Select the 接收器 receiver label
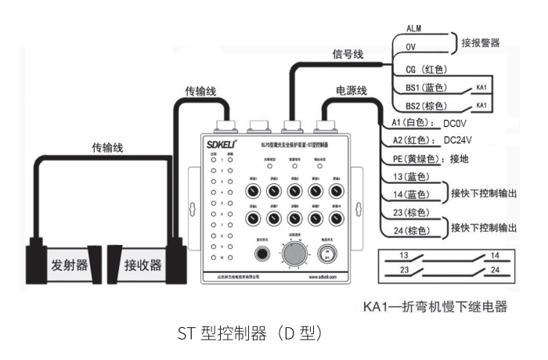click(x=143, y=265)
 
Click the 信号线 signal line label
click(x=348, y=55)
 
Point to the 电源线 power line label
click(x=352, y=91)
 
